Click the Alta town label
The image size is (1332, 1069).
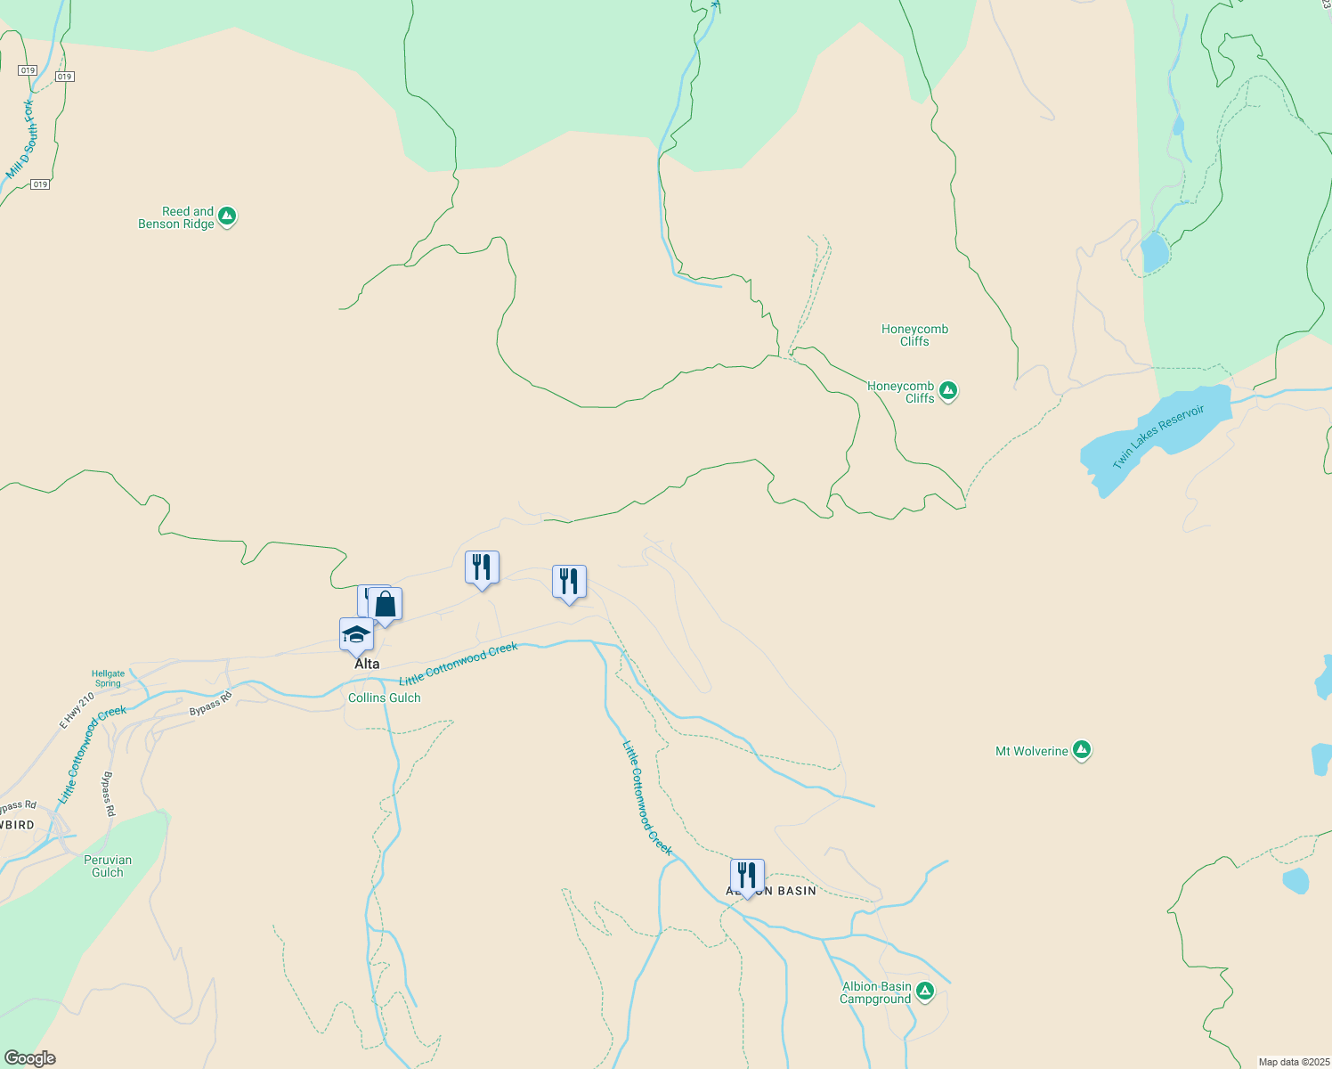[367, 665]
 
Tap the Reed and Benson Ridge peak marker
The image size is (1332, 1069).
[227, 216]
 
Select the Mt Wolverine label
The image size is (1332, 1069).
[1031, 752]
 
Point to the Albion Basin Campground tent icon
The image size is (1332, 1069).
[925, 991]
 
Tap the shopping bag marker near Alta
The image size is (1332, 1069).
[386, 605]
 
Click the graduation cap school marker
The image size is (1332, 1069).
[356, 635]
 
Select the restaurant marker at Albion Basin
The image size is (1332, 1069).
[747, 877]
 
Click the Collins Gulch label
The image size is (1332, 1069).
[385, 698]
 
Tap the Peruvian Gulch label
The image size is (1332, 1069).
[108, 867]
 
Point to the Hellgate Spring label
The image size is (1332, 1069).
[109, 679]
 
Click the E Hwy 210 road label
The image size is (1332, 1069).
[77, 711]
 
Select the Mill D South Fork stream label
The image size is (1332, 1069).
[22, 140]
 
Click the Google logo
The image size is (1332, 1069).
[30, 1058]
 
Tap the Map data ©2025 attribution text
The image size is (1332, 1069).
[1294, 1062]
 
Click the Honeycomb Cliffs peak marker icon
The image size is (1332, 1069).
[948, 390]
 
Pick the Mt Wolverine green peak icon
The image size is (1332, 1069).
[1082, 750]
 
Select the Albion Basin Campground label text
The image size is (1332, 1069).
[876, 993]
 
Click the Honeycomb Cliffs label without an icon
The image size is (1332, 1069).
[914, 335]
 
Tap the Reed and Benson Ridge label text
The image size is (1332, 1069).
[176, 218]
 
